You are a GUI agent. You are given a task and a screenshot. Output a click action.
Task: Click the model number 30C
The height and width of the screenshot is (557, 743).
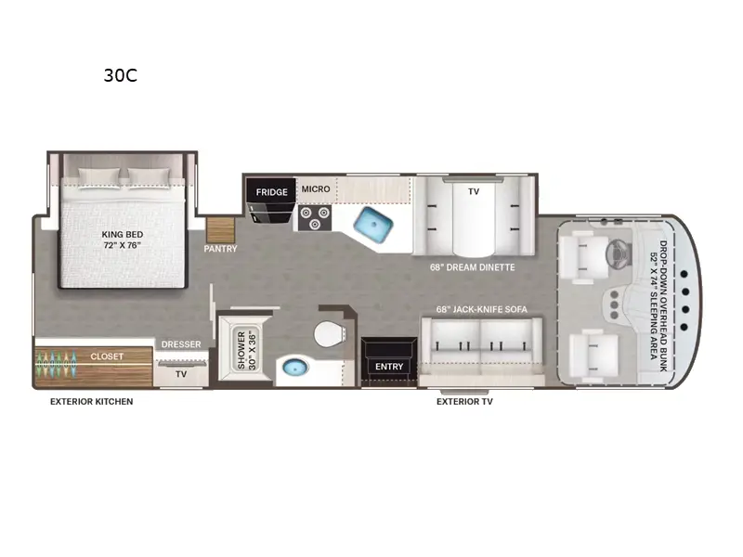coord(120,76)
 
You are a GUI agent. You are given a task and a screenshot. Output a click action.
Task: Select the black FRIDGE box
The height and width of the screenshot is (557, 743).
coord(272,192)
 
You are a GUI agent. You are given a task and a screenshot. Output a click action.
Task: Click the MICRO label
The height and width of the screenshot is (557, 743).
coord(316,189)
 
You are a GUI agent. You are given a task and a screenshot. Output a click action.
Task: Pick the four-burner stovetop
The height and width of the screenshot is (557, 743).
coord(314,217)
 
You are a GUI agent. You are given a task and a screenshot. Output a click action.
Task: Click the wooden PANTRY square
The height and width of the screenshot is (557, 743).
coord(221,229)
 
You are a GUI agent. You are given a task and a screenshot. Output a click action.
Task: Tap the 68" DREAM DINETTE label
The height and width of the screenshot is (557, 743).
coord(472,267)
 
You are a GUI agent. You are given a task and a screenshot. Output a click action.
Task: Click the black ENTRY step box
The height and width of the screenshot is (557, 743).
coord(389,366)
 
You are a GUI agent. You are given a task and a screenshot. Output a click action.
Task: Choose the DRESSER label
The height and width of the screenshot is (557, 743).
coord(180,344)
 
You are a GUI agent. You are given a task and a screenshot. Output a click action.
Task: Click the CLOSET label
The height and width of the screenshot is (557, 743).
coord(107,356)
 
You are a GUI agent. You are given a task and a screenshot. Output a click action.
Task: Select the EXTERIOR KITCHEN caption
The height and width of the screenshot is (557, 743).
coord(91,402)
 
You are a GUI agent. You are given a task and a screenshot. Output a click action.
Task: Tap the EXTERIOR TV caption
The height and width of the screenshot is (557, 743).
coord(464,402)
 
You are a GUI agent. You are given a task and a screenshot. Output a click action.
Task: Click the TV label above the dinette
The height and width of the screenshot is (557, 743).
coord(473,190)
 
